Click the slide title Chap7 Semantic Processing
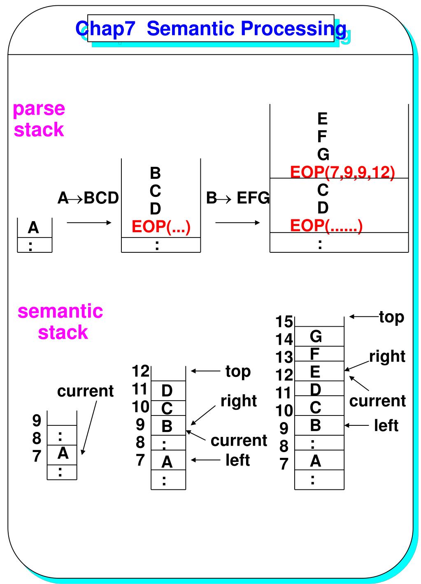[211, 29]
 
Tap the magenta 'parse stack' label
[39, 119]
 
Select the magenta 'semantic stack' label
[60, 322]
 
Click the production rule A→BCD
[88, 198]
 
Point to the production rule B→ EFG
[237, 198]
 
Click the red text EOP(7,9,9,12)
[342, 173]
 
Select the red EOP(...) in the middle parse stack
[161, 226]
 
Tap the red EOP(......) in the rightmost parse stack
[326, 226]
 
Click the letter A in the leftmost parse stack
[33, 228]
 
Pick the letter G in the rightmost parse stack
[323, 155]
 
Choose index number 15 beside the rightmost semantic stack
[284, 321]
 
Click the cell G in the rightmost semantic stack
[319, 336]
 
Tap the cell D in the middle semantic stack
[168, 390]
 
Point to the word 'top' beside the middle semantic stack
[238, 371]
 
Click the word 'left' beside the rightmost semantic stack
[386, 425]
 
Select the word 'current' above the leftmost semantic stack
[85, 391]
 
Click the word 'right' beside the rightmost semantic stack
[387, 356]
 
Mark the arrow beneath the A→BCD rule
[89, 223]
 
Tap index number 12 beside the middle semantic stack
[141, 371]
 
